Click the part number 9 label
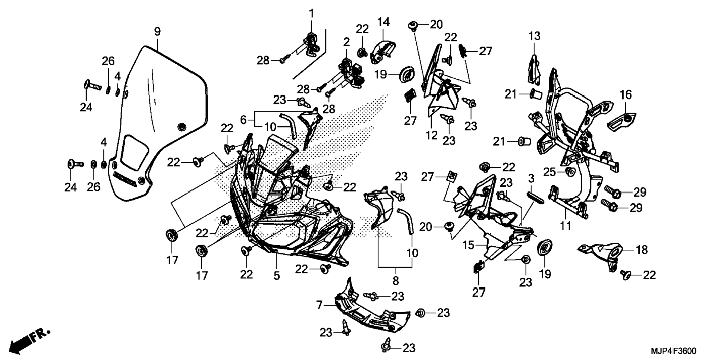click(157, 32)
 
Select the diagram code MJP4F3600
click(673, 351)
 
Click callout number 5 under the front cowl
click(277, 276)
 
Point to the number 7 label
click(319, 306)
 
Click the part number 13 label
click(534, 36)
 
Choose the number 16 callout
click(626, 95)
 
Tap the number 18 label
click(642, 250)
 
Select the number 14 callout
click(384, 22)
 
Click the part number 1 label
click(311, 14)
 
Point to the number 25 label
click(550, 172)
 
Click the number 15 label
click(469, 245)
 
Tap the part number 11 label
click(566, 225)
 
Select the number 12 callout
click(432, 135)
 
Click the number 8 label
click(396, 280)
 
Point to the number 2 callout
click(347, 42)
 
